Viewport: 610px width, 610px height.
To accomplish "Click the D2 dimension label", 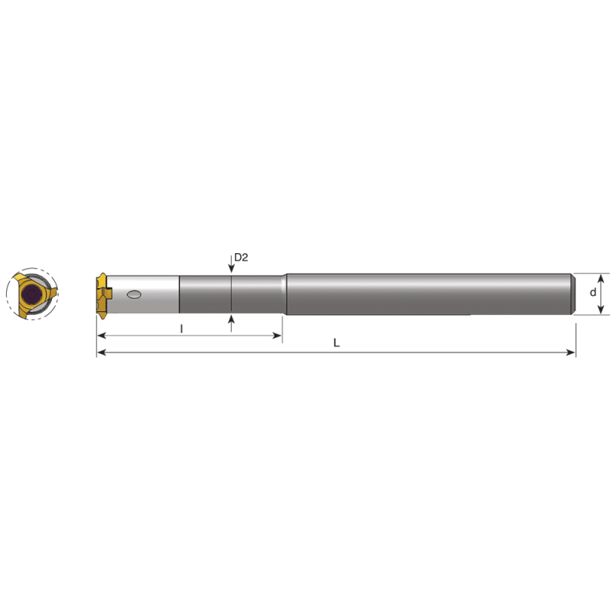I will pos(241,258).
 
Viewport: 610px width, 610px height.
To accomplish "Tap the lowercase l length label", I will pos(181,329).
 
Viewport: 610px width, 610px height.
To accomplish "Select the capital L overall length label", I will pos(336,343).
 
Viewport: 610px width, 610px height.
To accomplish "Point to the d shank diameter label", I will pos(593,293).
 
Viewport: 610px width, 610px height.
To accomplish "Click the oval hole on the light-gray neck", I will pos(135,294).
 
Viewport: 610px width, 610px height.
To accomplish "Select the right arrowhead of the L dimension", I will pos(570,352).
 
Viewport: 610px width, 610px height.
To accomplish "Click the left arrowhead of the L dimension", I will pos(101,352).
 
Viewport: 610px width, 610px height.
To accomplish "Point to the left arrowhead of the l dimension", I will pos(101,335).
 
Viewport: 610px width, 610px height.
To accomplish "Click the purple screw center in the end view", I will pos(31,295).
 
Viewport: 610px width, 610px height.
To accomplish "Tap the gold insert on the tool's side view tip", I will pos(102,294).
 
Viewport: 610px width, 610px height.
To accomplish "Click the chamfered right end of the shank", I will pos(572,294).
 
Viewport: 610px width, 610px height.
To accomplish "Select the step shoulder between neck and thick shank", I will pos(284,294).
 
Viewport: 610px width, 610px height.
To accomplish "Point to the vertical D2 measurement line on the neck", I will pos(231,294).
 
